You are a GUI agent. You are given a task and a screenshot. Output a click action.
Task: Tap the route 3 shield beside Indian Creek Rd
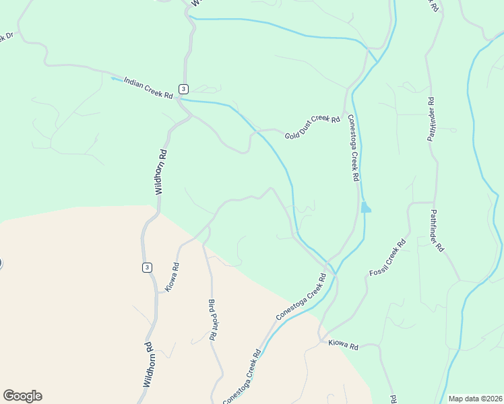pyautogui.click(x=183, y=89)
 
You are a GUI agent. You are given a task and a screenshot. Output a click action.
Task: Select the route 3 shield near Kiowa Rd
pyautogui.click(x=147, y=267)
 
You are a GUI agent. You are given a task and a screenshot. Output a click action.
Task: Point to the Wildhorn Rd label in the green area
pyautogui.click(x=160, y=172)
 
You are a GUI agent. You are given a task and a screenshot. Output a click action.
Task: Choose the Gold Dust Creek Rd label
pyautogui.click(x=312, y=127)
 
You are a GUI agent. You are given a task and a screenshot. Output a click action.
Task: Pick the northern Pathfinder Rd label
pyautogui.click(x=432, y=119)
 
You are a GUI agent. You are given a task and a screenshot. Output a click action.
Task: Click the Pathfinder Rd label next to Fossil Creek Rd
pyautogui.click(x=436, y=230)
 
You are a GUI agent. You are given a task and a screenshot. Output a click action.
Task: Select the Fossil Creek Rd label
pyautogui.click(x=388, y=257)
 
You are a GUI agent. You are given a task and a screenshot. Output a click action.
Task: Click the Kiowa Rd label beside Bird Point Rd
pyautogui.click(x=172, y=277)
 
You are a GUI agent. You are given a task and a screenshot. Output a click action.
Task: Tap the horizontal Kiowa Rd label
pyautogui.click(x=344, y=344)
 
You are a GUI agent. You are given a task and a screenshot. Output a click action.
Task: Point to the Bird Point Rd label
pyautogui.click(x=212, y=319)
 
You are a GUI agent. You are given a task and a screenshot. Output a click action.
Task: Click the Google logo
pyautogui.click(x=22, y=396)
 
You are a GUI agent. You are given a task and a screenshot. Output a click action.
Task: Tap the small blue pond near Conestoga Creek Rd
pyautogui.click(x=365, y=207)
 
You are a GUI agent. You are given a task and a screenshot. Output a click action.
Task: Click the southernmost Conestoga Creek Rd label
pyautogui.click(x=241, y=377)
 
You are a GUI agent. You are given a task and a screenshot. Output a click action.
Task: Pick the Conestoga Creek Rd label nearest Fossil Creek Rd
pyautogui.click(x=301, y=296)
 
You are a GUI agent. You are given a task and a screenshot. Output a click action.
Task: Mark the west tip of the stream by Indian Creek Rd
pyautogui.click(x=113, y=78)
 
